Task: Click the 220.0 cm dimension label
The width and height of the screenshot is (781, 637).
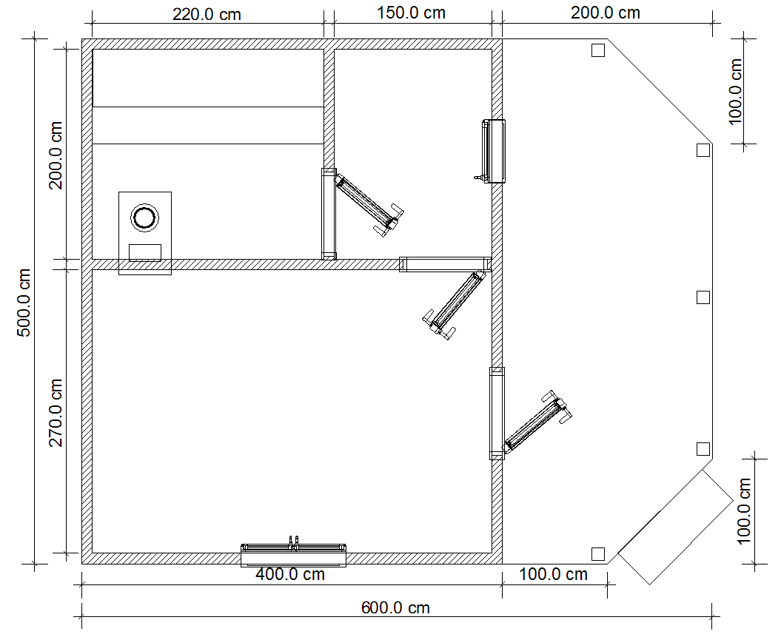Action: pyautogui.click(x=207, y=14)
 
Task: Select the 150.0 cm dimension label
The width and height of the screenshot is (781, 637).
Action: pyautogui.click(x=411, y=13)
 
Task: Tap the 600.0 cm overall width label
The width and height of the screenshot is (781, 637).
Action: pyautogui.click(x=395, y=607)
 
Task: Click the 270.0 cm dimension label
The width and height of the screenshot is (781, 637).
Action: pyautogui.click(x=56, y=413)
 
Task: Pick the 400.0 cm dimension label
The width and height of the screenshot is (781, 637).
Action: pyautogui.click(x=290, y=574)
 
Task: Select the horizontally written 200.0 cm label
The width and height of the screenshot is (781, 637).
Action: pyautogui.click(x=605, y=13)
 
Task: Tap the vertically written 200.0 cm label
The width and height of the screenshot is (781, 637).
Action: pyautogui.click(x=56, y=155)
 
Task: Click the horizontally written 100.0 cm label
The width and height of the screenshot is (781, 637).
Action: pyautogui.click(x=554, y=574)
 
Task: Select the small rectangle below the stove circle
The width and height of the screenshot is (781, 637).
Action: pyautogui.click(x=145, y=253)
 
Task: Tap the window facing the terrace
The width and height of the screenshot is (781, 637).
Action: pyautogui.click(x=495, y=151)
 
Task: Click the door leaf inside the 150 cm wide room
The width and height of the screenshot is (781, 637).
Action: pyautogui.click(x=369, y=201)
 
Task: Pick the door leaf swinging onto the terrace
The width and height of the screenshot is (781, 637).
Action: pyautogui.click(x=537, y=421)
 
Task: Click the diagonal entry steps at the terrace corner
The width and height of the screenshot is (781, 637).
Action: pyautogui.click(x=675, y=527)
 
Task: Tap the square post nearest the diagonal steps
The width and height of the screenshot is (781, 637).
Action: pyautogui.click(x=597, y=553)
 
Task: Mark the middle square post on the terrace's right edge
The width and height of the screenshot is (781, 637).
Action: pyautogui.click(x=703, y=297)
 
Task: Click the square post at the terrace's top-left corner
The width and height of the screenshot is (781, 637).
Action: pyautogui.click(x=597, y=50)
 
